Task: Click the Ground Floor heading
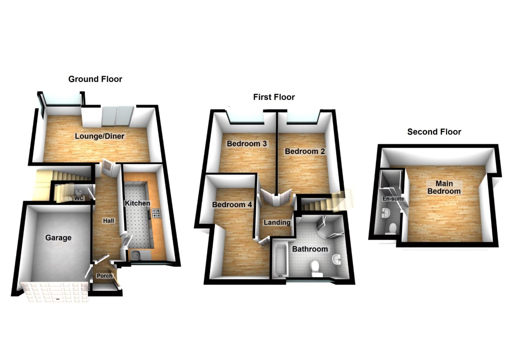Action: (95, 79)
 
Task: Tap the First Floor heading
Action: (274, 97)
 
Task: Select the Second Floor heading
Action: (434, 132)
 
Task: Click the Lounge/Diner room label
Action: (99, 136)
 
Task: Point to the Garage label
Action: (58, 238)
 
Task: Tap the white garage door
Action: (55, 292)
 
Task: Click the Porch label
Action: (104, 276)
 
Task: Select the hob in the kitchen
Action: (156, 214)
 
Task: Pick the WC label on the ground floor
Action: (79, 198)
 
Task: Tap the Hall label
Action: (109, 221)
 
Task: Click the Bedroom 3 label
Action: (247, 144)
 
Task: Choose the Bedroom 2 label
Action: (305, 152)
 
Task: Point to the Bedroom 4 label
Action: (232, 205)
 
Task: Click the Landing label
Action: (277, 222)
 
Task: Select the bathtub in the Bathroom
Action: (280, 258)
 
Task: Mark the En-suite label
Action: (393, 199)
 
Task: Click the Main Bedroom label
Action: (444, 187)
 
